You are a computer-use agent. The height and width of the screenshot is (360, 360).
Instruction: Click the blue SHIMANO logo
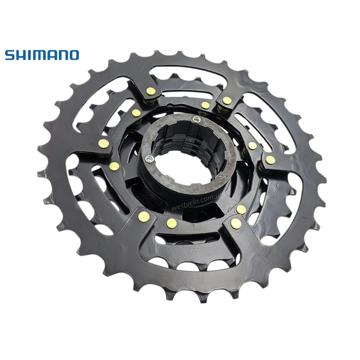[42, 55]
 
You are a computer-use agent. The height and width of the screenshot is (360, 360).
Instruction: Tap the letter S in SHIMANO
[10, 55]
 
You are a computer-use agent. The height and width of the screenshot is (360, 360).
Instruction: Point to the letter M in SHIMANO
[38, 55]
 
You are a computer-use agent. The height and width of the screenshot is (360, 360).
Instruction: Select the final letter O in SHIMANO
[73, 55]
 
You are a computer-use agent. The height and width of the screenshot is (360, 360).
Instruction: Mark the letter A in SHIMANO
[50, 55]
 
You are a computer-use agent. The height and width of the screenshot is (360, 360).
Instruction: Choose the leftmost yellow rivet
[103, 144]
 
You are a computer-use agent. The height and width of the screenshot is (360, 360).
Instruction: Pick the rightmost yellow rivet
[271, 160]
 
